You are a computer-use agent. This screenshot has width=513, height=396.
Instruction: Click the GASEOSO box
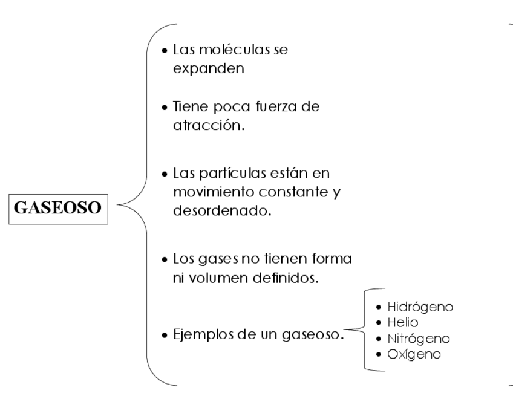pyautogui.click(x=58, y=208)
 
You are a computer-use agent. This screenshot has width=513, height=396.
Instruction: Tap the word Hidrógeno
pyautogui.click(x=420, y=307)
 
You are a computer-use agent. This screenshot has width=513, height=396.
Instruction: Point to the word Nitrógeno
pyautogui.click(x=419, y=339)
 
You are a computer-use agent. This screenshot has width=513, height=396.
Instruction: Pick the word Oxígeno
pyautogui.click(x=414, y=354)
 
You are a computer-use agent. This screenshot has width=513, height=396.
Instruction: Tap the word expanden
pyautogui.click(x=209, y=68)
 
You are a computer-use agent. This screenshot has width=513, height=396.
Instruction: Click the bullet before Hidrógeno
pyautogui.click(x=378, y=307)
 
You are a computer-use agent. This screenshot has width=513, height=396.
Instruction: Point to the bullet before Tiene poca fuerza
pyautogui.click(x=165, y=107)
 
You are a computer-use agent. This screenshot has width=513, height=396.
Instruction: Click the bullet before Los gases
pyautogui.click(x=165, y=261)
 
